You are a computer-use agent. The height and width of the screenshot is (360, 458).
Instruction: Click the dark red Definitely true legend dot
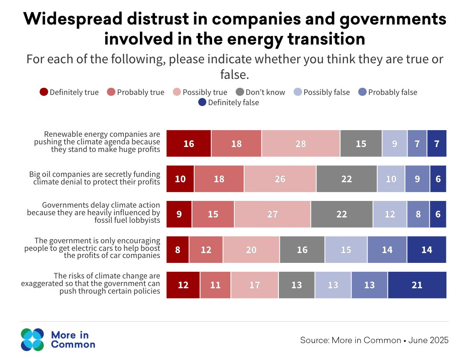pos(44,92)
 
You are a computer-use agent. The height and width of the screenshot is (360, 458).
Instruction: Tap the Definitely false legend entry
pos(228,102)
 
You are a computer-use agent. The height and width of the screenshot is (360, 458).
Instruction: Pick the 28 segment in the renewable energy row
pos(301,143)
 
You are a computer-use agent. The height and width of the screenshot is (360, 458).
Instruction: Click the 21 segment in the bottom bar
pos(417,285)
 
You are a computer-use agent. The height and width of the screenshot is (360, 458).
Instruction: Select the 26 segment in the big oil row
pos(280,179)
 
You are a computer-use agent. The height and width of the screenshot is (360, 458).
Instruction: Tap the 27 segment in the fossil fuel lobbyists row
pos(272,214)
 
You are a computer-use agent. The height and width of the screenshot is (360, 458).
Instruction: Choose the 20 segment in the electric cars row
pos(251,250)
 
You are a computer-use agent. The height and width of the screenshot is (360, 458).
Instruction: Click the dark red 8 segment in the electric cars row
pos(178,250)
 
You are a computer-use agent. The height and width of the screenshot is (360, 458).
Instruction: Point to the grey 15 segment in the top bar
pos(361,143)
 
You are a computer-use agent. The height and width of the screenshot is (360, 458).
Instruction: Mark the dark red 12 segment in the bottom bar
pos(183,285)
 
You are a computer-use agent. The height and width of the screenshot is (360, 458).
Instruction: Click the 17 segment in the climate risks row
pos(254,285)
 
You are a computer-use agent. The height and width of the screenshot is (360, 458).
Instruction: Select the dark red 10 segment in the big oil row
pos(180,179)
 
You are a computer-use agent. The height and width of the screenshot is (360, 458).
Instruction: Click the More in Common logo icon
pos(33,340)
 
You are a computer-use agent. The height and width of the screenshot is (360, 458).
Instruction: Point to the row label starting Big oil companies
pos(94,178)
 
